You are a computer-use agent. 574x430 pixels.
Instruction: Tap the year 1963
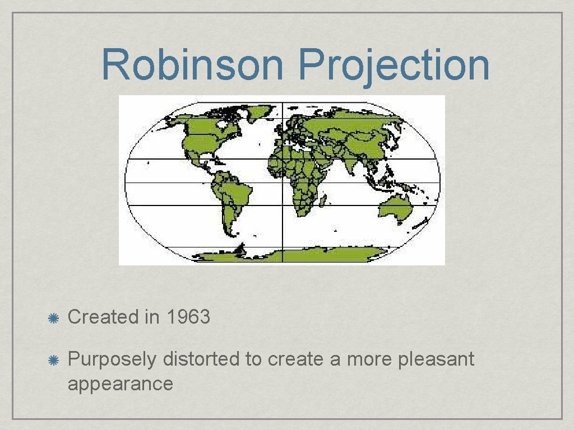[x=188, y=317]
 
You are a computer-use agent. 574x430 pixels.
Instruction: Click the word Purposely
[x=112, y=359]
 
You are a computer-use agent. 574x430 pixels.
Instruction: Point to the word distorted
[x=201, y=359]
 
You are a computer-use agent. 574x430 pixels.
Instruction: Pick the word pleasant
[x=436, y=359]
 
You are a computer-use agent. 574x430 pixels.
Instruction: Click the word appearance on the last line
[x=120, y=384]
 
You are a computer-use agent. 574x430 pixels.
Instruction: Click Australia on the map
[x=395, y=207]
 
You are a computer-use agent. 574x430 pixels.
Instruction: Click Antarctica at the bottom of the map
[x=280, y=256]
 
